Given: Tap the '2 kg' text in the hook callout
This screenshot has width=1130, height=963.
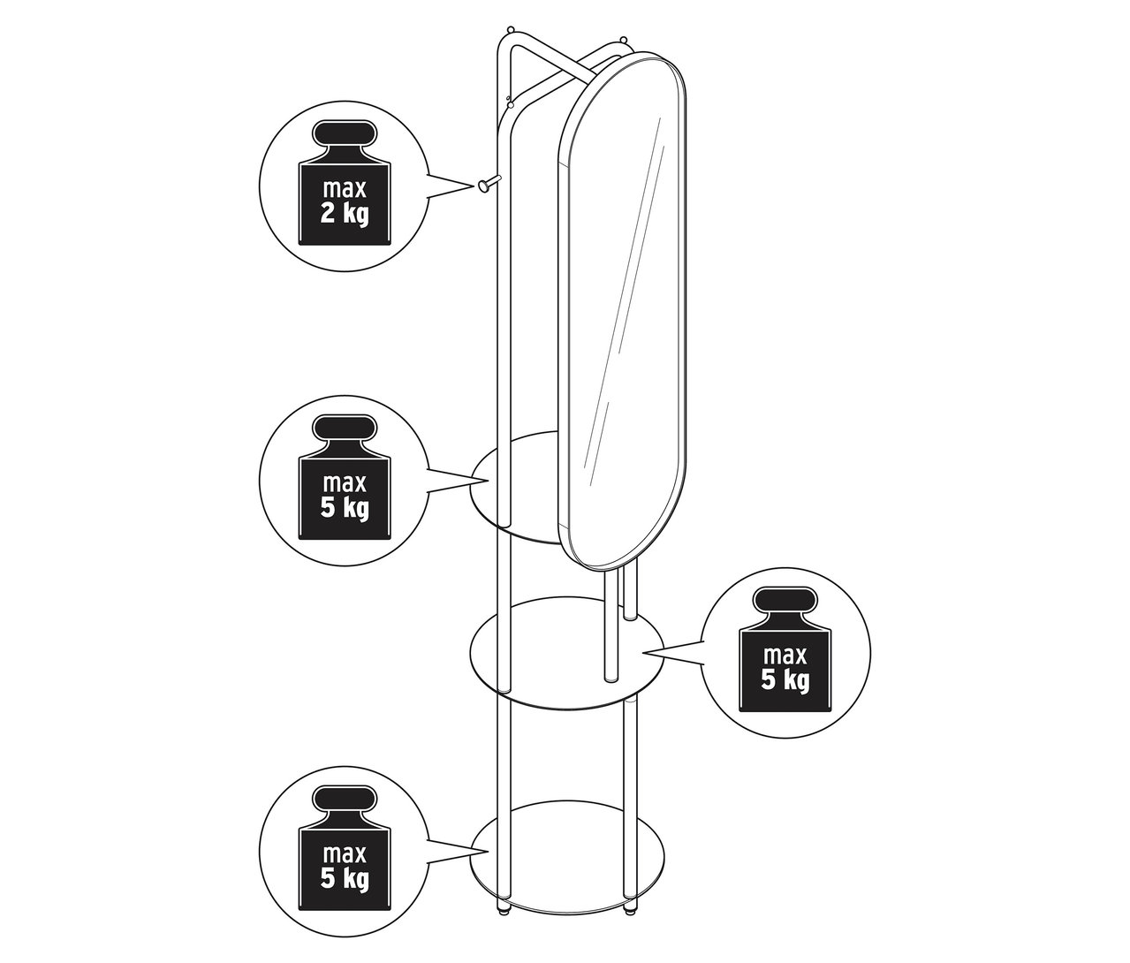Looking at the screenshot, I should coord(344,214).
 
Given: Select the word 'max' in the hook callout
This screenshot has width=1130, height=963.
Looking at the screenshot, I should coord(344,190).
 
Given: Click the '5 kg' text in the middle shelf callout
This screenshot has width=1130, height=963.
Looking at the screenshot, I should coord(785,679).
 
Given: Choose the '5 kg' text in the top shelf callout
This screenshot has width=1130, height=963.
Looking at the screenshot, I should coord(344,509).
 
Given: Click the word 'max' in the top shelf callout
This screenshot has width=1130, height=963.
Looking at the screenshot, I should coord(344,484).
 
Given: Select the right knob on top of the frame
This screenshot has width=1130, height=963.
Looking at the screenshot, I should coord(624,40).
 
